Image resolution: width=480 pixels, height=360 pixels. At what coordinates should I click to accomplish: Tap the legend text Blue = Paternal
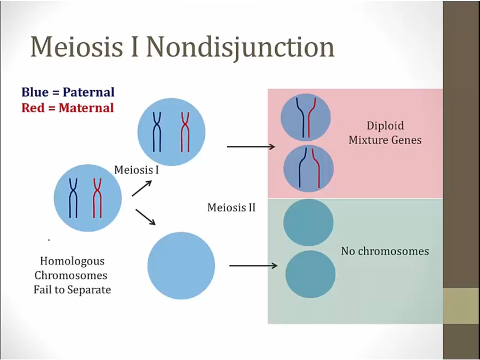coord(68,92)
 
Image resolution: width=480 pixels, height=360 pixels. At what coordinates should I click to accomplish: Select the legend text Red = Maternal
coord(68,108)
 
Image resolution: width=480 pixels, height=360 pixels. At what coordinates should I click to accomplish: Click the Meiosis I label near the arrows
coord(137,170)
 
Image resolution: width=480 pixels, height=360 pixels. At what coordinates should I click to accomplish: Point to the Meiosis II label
coord(231,207)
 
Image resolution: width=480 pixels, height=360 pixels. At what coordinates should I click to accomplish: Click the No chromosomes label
coord(385,251)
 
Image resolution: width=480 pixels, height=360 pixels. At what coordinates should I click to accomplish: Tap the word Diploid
coord(385,126)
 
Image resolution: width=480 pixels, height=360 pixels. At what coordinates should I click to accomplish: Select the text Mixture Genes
coord(385,140)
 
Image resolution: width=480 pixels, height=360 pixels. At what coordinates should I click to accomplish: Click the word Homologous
coord(72,261)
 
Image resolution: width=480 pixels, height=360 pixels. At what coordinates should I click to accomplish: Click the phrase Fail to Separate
coord(72,290)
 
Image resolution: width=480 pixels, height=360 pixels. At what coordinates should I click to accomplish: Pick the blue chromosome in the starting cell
coord(73,198)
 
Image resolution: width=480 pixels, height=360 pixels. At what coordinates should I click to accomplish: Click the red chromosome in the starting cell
coord(97,198)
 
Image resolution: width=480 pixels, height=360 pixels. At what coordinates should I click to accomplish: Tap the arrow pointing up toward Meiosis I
coord(142,188)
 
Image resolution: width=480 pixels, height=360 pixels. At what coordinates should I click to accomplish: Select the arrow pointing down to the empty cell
coord(146,217)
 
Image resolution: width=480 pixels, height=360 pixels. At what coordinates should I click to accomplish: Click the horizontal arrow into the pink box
coord(251,147)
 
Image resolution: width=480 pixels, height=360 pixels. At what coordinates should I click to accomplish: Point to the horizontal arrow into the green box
coord(253,266)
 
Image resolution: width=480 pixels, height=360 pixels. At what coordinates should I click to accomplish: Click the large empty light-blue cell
coord(181,266)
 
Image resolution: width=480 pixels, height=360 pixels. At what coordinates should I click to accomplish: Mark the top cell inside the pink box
coord(306,117)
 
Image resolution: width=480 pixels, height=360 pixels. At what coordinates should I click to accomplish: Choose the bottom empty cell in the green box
coord(310,274)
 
